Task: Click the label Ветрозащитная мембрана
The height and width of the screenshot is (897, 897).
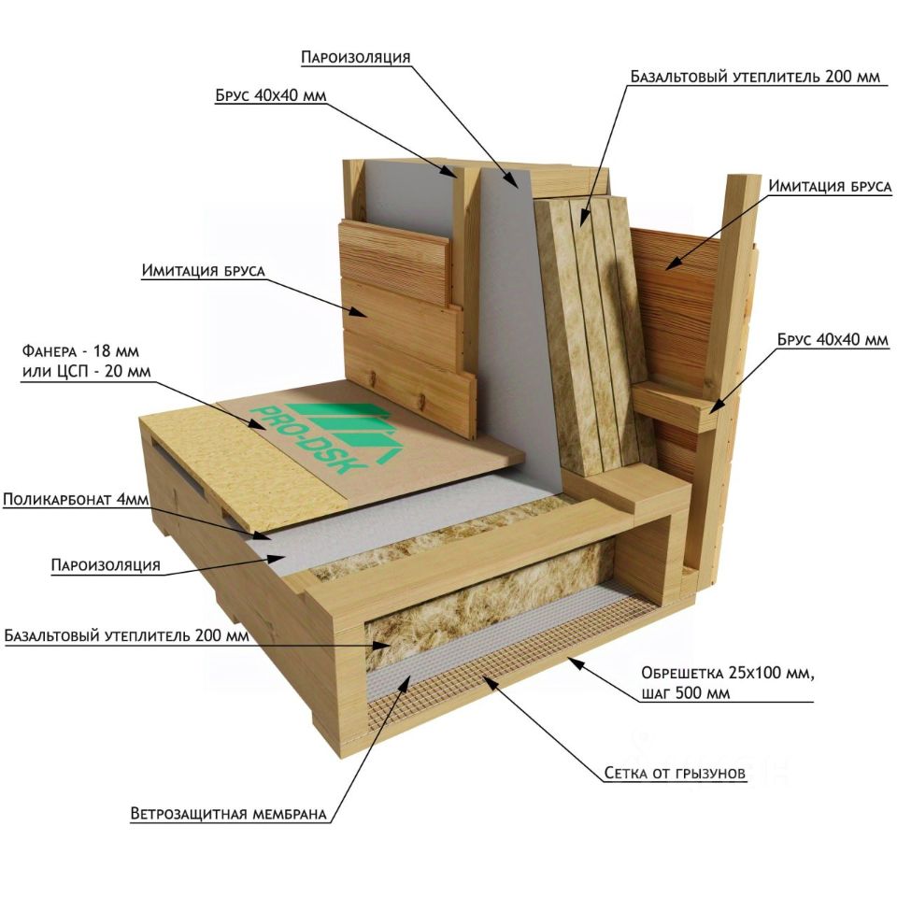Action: coord(228,814)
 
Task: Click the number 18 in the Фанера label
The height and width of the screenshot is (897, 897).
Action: coord(101,350)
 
